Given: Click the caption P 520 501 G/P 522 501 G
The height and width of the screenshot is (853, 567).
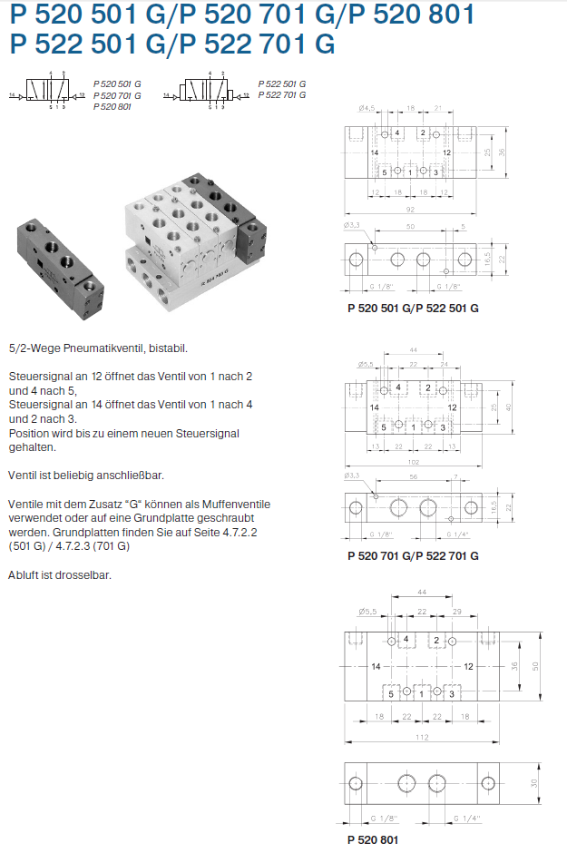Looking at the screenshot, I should click(x=413, y=309).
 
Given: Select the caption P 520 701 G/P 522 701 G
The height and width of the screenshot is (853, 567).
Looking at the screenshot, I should click(x=413, y=555).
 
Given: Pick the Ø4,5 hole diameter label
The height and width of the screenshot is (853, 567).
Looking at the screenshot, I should click(x=366, y=108).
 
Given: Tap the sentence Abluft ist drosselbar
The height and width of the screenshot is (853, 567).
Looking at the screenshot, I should click(x=60, y=574).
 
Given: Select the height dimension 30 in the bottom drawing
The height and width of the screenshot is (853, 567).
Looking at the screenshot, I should click(x=535, y=782).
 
